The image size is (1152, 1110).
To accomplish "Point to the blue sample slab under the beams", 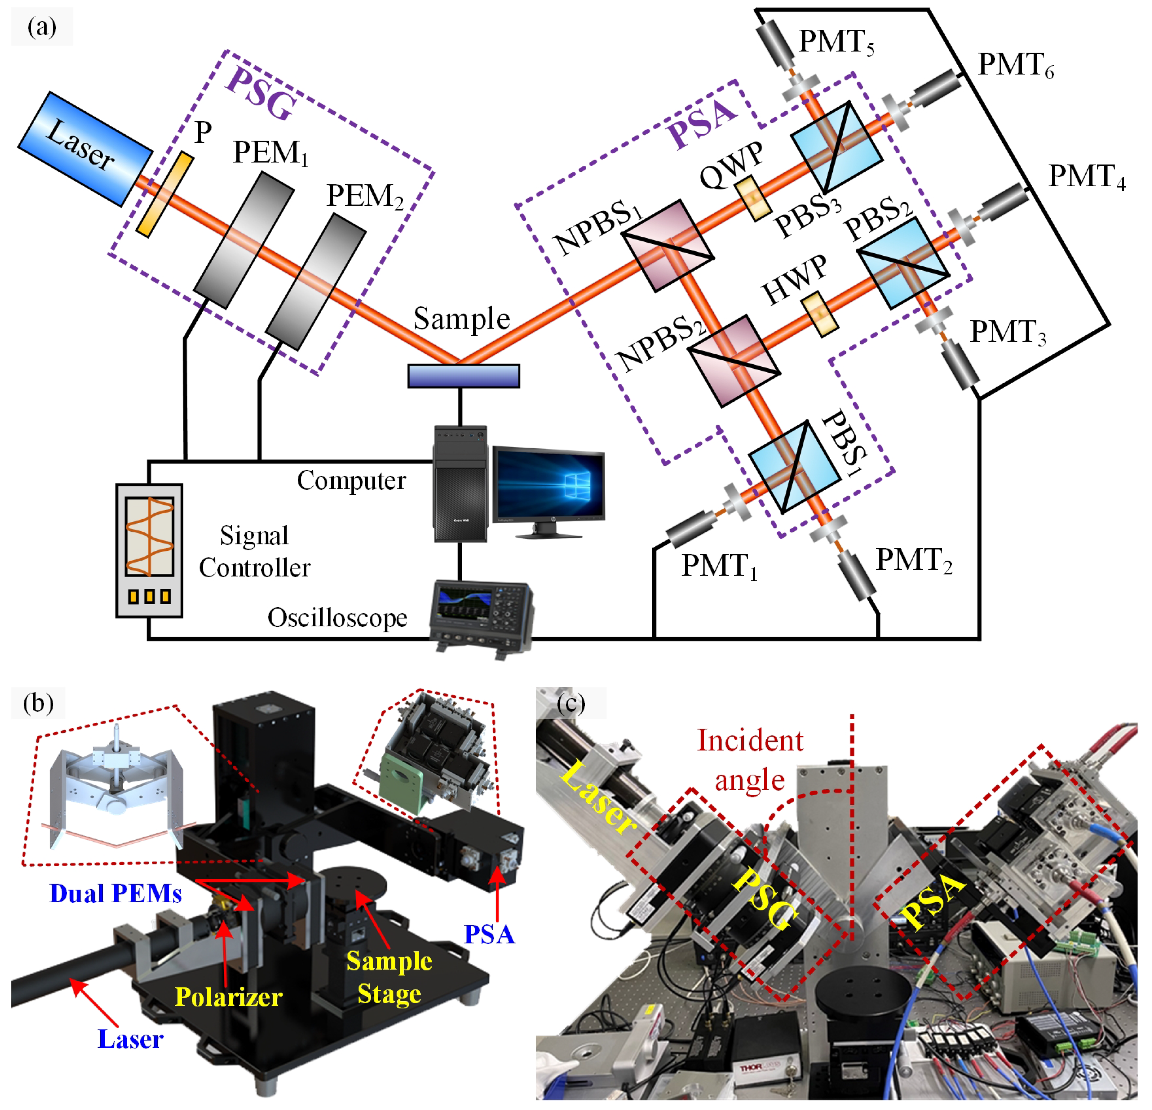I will click(x=464, y=376).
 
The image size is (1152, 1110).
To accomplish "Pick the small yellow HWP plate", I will click(x=820, y=311).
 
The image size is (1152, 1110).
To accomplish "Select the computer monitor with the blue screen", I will click(x=548, y=485).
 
